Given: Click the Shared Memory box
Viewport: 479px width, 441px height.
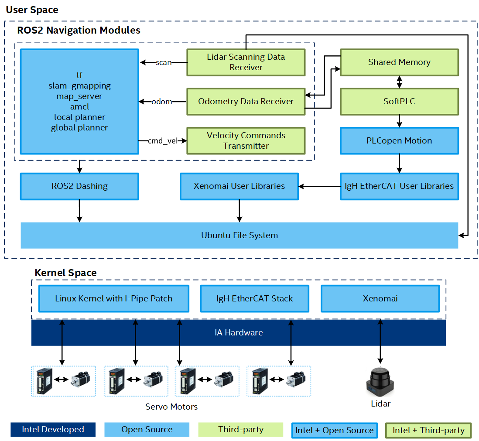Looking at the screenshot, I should pos(399,62).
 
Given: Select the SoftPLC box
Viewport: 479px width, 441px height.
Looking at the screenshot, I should pos(399,101).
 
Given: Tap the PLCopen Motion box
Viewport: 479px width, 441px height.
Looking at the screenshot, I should pos(399,140).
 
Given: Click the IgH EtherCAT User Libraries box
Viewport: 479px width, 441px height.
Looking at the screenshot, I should pos(399,186).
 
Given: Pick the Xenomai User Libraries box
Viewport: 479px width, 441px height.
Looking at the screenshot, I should pos(239,186).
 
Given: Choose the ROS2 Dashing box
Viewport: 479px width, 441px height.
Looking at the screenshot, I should pos(79,186).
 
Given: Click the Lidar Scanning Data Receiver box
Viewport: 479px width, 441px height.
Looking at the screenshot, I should pos(246,62).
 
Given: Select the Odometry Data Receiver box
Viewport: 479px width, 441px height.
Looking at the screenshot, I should pos(246,101).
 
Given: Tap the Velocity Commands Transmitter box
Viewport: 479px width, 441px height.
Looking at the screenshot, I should pos(246,140).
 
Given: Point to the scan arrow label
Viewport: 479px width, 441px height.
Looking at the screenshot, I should pos(164,62).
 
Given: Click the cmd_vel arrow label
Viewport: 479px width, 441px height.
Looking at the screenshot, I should pos(161,140).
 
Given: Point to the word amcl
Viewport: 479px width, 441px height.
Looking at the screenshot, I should pos(79,107).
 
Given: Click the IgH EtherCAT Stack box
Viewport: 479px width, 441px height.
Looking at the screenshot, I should pos(254,299).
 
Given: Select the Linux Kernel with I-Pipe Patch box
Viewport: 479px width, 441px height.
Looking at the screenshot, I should pos(113,299).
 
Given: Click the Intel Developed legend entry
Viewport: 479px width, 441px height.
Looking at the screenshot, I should pos(53,430).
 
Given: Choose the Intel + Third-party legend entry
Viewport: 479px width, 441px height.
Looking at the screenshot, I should pos(428,431).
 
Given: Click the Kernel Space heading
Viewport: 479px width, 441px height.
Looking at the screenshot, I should pos(65,273).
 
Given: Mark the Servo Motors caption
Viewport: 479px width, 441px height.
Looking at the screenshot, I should pos(171,407).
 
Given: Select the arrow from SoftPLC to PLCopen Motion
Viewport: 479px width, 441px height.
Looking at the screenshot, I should pos(399,121).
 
